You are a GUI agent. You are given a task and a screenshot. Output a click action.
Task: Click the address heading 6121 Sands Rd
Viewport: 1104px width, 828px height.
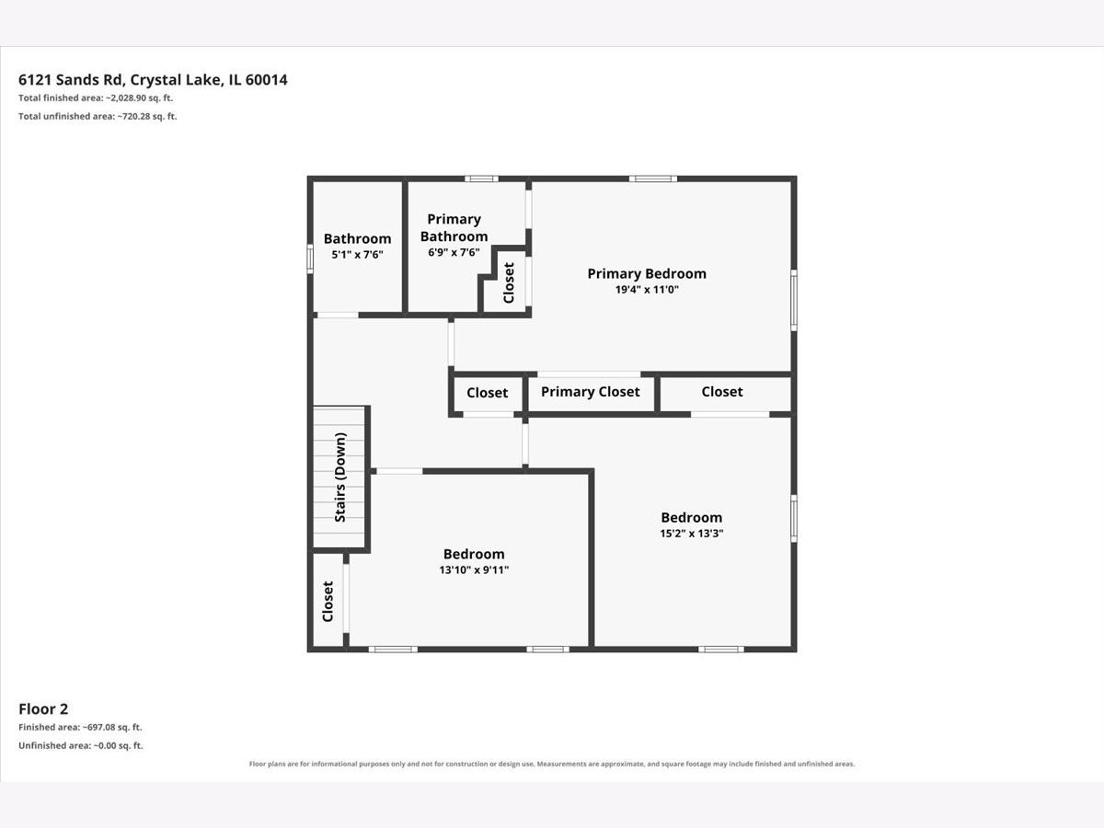pyautogui.click(x=153, y=80)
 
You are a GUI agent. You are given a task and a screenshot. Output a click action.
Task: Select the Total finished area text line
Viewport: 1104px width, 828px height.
pyautogui.click(x=96, y=98)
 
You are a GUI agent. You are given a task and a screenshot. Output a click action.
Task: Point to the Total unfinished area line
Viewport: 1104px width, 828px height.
pyautogui.click(x=98, y=116)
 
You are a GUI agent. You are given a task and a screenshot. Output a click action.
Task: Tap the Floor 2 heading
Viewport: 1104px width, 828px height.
pyautogui.click(x=43, y=708)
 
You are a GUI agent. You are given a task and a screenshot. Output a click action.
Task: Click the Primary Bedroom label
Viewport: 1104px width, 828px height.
pyautogui.click(x=647, y=273)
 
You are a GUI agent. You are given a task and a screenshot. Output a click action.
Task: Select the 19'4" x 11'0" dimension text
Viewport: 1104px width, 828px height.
pyautogui.click(x=647, y=290)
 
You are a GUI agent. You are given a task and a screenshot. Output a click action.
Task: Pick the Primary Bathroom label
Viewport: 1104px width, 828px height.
pyautogui.click(x=454, y=228)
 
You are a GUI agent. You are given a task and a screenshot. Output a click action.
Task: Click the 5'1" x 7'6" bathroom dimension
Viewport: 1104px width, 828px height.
pyautogui.click(x=357, y=255)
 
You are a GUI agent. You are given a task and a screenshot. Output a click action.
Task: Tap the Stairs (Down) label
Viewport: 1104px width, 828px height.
pyautogui.click(x=340, y=477)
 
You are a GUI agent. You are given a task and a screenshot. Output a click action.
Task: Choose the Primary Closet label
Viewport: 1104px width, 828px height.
pyautogui.click(x=591, y=392)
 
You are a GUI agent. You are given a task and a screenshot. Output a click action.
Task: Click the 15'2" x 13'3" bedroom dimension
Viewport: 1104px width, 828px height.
pyautogui.click(x=692, y=534)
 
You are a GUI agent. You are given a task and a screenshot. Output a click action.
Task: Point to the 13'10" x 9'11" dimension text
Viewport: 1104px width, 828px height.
pyautogui.click(x=474, y=570)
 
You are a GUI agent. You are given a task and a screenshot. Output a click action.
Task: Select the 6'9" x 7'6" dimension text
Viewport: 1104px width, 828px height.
pyautogui.click(x=454, y=252)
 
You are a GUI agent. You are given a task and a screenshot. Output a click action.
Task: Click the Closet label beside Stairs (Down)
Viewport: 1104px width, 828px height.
pyautogui.click(x=328, y=602)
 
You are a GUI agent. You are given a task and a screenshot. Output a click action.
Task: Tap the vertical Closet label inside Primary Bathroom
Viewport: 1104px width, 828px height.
pyautogui.click(x=509, y=283)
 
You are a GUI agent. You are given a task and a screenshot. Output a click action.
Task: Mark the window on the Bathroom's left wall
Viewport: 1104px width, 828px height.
pyautogui.click(x=310, y=259)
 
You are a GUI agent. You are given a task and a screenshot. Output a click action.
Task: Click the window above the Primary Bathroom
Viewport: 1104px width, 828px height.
pyautogui.click(x=481, y=178)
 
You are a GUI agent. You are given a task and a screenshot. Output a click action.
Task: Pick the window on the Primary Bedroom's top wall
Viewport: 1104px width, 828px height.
pyautogui.click(x=653, y=178)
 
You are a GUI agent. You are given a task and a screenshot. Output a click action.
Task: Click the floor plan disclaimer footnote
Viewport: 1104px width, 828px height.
pyautogui.click(x=552, y=764)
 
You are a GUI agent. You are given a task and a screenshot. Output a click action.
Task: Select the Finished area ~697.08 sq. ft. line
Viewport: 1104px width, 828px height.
pyautogui.click(x=80, y=728)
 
